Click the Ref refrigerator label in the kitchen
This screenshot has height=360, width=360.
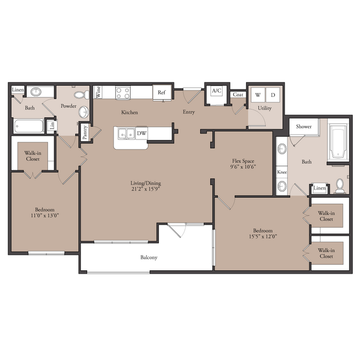[161, 92]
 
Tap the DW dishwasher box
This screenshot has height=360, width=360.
[141, 133]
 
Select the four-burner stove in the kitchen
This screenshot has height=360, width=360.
[123, 93]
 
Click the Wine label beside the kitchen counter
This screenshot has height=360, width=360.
[98, 92]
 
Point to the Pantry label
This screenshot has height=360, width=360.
[85, 132]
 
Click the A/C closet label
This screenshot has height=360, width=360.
[217, 91]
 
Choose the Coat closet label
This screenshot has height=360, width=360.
[238, 94]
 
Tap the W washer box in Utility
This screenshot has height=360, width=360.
[258, 95]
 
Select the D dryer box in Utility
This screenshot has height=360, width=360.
[272, 95]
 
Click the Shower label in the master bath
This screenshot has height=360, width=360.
[304, 126]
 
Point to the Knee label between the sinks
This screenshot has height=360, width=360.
[282, 172]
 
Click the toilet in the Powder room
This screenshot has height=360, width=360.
[81, 95]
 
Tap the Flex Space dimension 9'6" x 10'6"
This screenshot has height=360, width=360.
[243, 167]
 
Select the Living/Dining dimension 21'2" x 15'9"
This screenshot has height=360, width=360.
[146, 189]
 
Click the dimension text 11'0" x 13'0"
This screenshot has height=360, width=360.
[45, 215]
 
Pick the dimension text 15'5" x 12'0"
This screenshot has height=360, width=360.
[263, 236]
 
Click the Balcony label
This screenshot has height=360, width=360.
[149, 258]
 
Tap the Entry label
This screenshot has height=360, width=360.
[189, 112]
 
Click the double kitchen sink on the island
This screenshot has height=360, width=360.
[126, 133]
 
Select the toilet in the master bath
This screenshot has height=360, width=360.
[340, 186]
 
